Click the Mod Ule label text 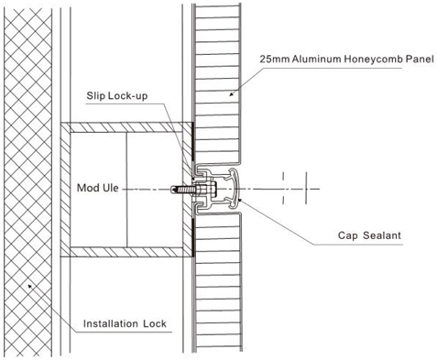click(96, 189)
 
